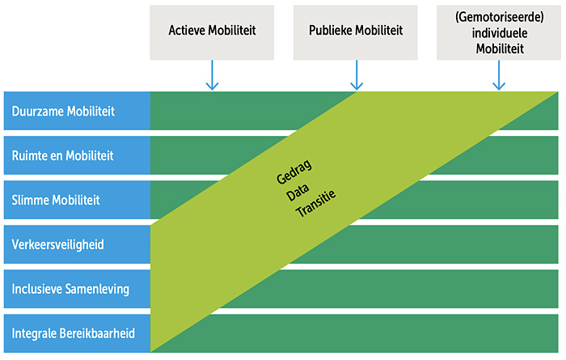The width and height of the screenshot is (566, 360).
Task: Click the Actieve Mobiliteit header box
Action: (212, 32)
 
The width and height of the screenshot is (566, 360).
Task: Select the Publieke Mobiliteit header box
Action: (356, 32)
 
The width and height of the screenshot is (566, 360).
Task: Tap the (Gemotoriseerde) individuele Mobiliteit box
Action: (499, 32)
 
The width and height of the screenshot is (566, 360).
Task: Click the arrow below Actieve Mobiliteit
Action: (212, 75)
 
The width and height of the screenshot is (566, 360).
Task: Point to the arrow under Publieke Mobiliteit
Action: (357, 75)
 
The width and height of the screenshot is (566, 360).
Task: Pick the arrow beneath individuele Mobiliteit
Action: (499, 75)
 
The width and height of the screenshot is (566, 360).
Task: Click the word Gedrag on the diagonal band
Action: (294, 172)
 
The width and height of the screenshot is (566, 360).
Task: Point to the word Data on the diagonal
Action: (298, 192)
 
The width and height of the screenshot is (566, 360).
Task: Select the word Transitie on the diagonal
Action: (316, 204)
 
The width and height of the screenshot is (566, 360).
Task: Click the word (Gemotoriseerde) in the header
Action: (500, 17)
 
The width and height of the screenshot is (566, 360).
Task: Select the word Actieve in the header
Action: (187, 30)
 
